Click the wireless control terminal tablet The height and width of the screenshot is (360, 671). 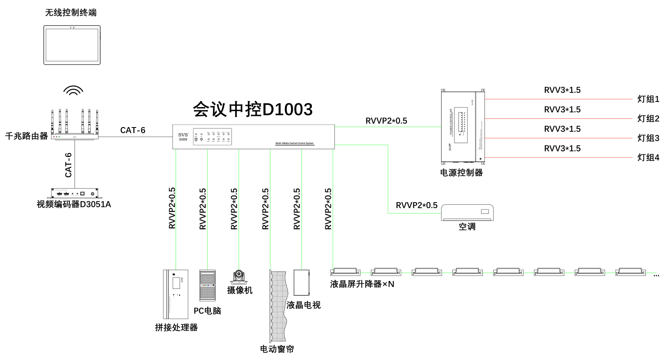(x=72, y=45)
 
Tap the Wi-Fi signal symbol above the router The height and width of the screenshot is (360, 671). (x=73, y=90)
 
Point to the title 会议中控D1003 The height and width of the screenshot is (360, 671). (x=252, y=109)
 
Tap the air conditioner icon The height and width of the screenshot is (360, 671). (x=467, y=213)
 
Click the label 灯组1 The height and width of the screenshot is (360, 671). (x=648, y=99)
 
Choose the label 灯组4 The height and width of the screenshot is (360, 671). (x=648, y=157)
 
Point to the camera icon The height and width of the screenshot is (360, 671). (x=239, y=277)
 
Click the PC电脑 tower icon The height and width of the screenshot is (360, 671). (x=207, y=285)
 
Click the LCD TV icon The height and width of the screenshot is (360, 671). (x=301, y=283)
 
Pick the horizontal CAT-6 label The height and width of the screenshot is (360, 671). (x=133, y=130)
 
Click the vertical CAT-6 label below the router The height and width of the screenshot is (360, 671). (x=69, y=165)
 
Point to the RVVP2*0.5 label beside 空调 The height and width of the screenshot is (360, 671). (x=416, y=205)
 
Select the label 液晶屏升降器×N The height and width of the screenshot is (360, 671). (x=362, y=284)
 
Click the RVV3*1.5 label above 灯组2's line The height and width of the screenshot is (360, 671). (x=562, y=110)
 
